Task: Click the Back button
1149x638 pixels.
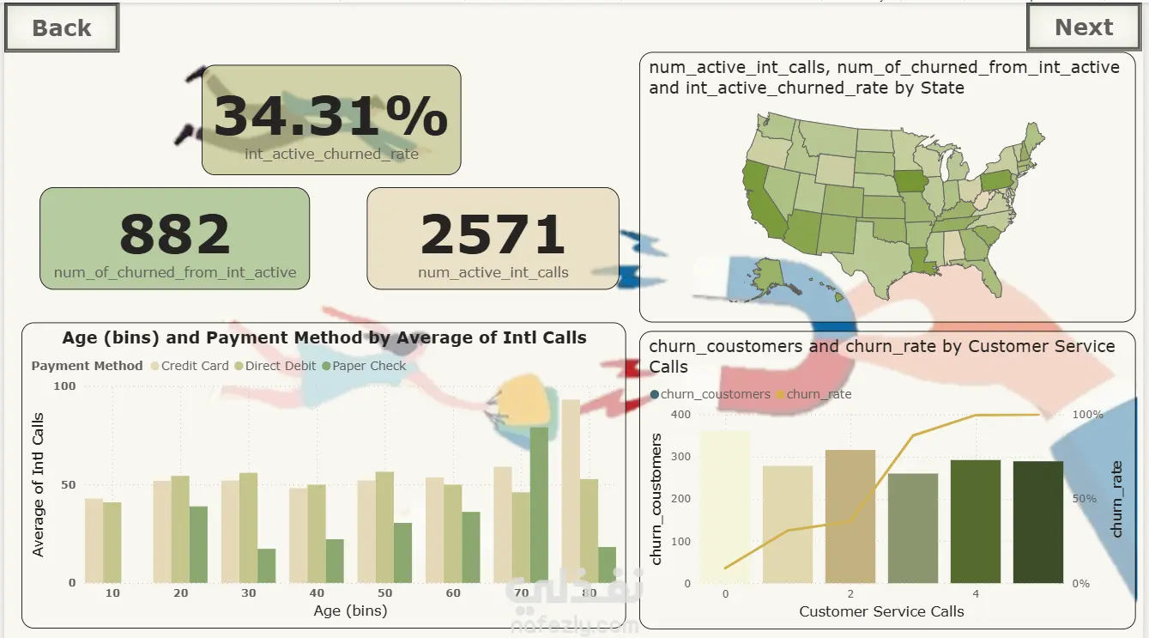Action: [61, 27]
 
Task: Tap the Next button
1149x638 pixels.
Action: [1083, 27]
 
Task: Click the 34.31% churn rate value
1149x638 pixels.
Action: [330, 117]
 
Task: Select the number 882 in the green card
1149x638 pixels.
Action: [175, 234]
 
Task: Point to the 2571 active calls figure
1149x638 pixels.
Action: [493, 234]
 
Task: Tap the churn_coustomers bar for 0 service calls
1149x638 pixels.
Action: [725, 507]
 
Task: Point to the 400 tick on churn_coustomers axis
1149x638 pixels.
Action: [680, 415]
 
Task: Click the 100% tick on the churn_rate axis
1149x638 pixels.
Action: [1087, 415]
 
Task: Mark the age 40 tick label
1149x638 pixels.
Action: [317, 593]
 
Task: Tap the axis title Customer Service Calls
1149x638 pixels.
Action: [881, 612]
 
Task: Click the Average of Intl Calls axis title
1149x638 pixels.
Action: [39, 484]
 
